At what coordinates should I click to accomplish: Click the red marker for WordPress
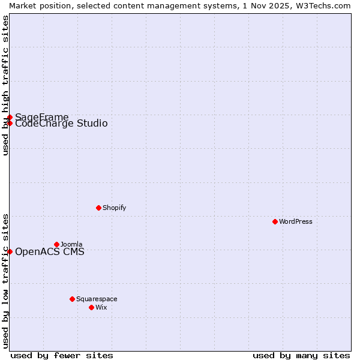[x=275, y=221]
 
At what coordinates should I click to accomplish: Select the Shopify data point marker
[x=98, y=208]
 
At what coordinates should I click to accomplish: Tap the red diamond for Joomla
[x=56, y=244]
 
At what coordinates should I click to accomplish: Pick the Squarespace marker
[x=72, y=299]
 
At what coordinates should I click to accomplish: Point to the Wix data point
[x=91, y=307]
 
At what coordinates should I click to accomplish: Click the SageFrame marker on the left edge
[x=10, y=117]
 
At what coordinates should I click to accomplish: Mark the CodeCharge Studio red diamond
[x=10, y=123]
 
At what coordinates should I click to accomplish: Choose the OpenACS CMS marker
[x=10, y=251]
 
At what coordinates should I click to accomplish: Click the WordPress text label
[x=296, y=221]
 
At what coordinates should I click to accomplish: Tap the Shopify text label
[x=114, y=208]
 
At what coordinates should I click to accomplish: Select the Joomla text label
[x=71, y=244]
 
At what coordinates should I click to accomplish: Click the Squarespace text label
[x=97, y=299]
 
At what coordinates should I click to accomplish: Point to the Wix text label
[x=101, y=307]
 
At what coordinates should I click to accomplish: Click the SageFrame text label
[x=42, y=116]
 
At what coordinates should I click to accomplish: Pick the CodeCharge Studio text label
[x=61, y=124]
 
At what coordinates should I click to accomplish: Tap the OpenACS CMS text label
[x=50, y=251]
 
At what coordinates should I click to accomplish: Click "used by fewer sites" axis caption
[x=62, y=355]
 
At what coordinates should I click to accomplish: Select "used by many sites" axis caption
[x=301, y=355]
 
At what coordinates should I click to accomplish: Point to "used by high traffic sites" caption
[x=5, y=85]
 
